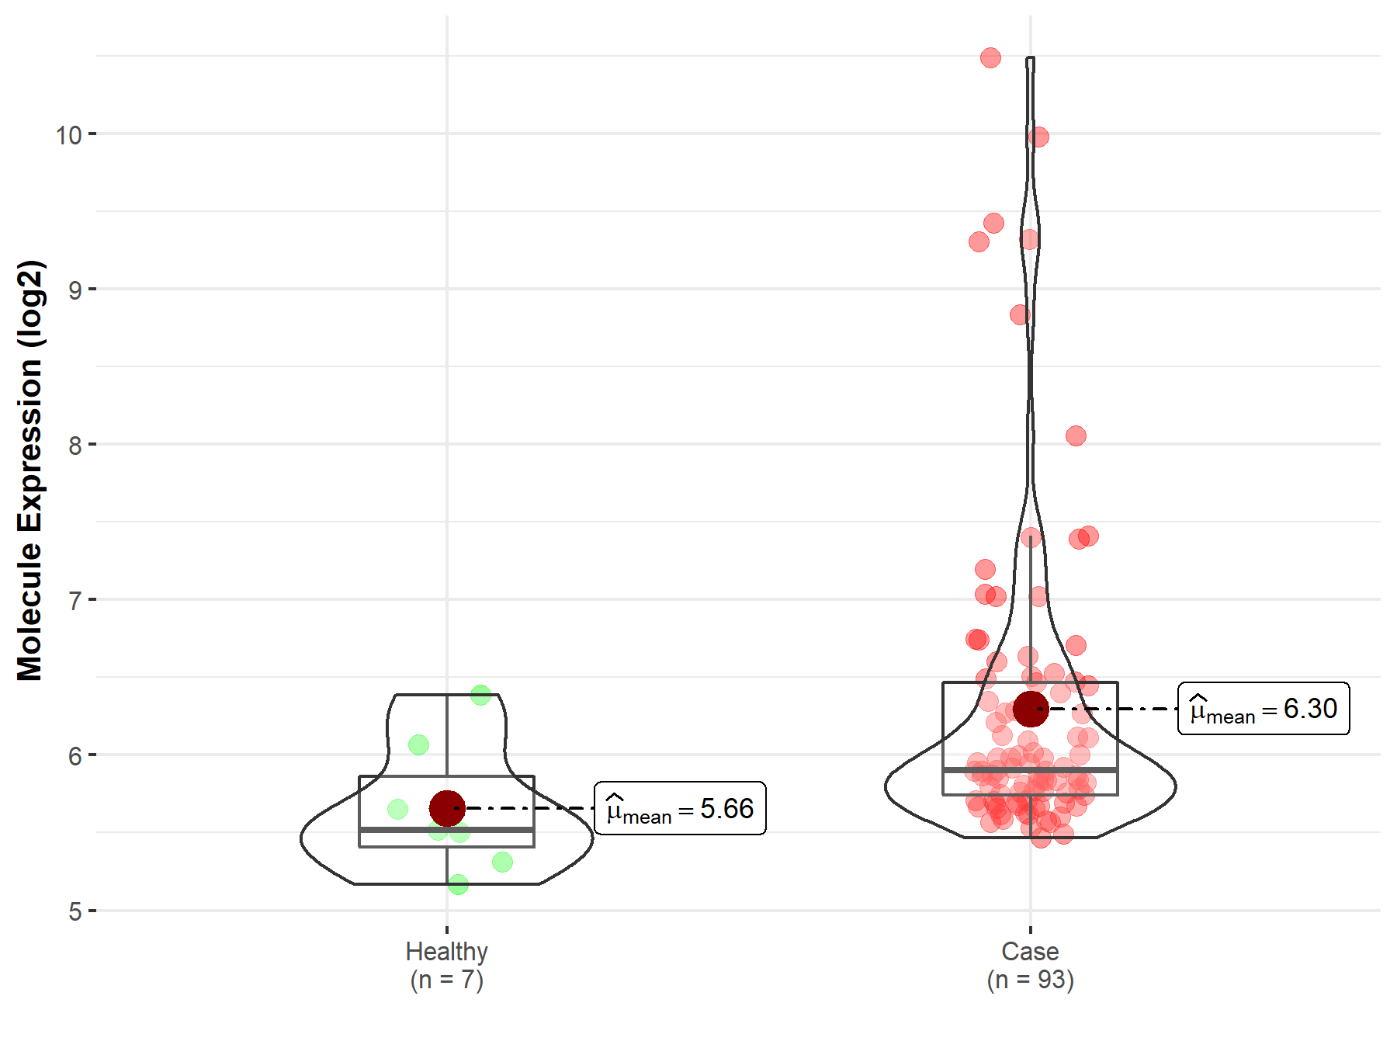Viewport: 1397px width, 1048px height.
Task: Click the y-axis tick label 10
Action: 68,135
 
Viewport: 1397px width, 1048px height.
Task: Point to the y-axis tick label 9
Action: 75,290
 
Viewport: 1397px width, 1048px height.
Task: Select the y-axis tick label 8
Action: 75,446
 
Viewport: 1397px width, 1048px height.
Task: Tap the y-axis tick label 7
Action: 75,601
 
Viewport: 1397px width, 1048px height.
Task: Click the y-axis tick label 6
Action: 75,756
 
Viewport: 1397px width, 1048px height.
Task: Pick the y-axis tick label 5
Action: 75,911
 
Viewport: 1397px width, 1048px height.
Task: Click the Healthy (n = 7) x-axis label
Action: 446,965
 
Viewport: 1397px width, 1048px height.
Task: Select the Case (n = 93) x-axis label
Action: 1030,965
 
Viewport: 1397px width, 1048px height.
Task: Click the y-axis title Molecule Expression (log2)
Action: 29,470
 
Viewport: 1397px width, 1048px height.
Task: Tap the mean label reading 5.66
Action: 680,809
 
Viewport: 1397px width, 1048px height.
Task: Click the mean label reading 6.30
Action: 1264,709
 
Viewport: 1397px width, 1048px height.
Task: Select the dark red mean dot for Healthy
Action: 447,808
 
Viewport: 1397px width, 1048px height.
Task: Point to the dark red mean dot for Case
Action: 1031,709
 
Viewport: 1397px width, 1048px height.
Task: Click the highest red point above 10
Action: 990,57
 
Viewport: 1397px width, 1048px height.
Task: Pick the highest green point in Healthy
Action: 480,695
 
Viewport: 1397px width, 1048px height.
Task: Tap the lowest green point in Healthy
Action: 458,884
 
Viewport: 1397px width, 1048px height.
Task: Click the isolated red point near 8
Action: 1076,436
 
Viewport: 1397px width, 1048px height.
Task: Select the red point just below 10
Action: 1038,137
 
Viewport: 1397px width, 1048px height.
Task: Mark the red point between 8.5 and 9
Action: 1020,314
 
